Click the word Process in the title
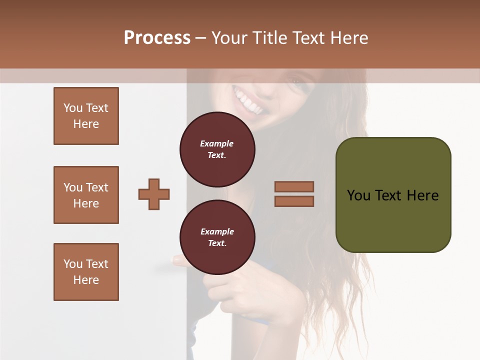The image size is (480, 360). tap(157, 38)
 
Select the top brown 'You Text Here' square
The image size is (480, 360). tap(86, 116)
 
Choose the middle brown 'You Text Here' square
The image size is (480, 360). tap(86, 195)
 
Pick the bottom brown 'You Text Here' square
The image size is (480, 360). tap(86, 272)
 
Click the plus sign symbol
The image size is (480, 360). tap(154, 194)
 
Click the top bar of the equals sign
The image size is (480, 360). tap(294, 186)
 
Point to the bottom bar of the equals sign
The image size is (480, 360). tap(294, 201)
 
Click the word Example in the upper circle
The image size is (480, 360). tap(217, 143)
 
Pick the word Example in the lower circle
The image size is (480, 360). tap(217, 231)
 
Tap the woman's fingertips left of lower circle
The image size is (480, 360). tap(176, 260)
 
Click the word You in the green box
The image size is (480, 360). tap(358, 195)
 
